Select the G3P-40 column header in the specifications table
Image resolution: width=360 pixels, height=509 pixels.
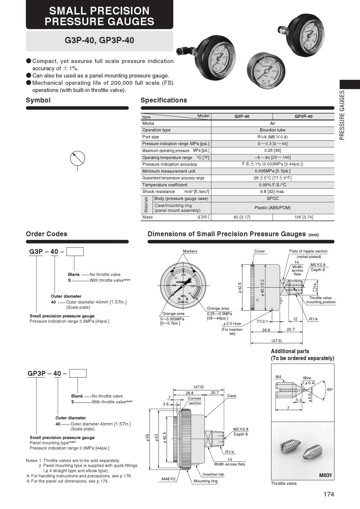(242, 116)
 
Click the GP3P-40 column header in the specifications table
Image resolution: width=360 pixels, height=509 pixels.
(304, 116)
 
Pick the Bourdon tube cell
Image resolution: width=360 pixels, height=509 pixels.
(273, 130)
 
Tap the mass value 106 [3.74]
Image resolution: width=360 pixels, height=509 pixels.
(304, 217)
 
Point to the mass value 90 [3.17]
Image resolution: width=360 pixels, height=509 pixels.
(242, 217)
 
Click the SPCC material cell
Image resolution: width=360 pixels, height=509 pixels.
(273, 198)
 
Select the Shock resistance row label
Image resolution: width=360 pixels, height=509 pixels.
(159, 192)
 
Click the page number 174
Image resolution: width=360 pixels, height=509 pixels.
(329, 494)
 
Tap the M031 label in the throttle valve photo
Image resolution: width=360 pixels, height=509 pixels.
(325, 475)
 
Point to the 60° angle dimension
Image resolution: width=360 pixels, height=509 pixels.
(330, 390)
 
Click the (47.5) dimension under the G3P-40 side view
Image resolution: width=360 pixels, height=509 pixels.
(276, 341)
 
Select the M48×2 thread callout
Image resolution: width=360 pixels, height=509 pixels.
(169, 479)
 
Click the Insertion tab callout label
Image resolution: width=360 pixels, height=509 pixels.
(213, 474)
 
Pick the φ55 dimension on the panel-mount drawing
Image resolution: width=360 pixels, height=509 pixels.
(147, 437)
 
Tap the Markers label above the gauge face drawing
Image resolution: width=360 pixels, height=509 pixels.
(190, 251)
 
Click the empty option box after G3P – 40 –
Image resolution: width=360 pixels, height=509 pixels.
(75, 251)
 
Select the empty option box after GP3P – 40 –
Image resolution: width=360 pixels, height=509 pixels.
(78, 373)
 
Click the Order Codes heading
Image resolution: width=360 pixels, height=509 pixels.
(46, 234)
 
